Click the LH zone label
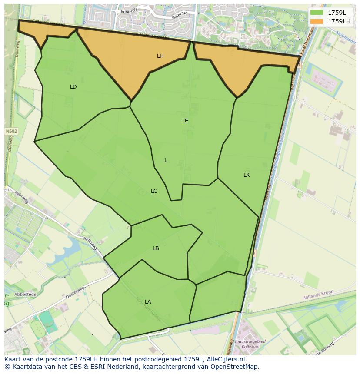(160, 56)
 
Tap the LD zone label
(73, 87)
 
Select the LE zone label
(185, 121)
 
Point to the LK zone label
(247, 175)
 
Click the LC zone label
(154, 191)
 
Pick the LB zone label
(156, 248)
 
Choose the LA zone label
(148, 302)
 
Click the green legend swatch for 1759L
(317, 13)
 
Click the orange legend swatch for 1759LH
(317, 21)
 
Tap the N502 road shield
(12, 132)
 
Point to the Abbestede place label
(25, 294)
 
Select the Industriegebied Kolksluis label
(250, 344)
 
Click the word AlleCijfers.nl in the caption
(226, 359)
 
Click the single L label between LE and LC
(166, 160)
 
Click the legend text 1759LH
(339, 21)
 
